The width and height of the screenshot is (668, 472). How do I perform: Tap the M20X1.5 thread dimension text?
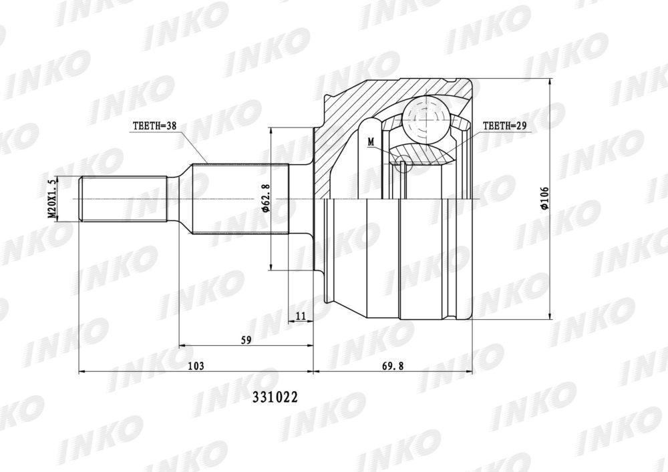(x=52, y=199)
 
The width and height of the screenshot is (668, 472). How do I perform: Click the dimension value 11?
(x=301, y=315)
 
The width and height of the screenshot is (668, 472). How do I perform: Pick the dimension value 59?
(x=246, y=340)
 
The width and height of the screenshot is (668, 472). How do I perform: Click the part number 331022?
(x=275, y=397)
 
